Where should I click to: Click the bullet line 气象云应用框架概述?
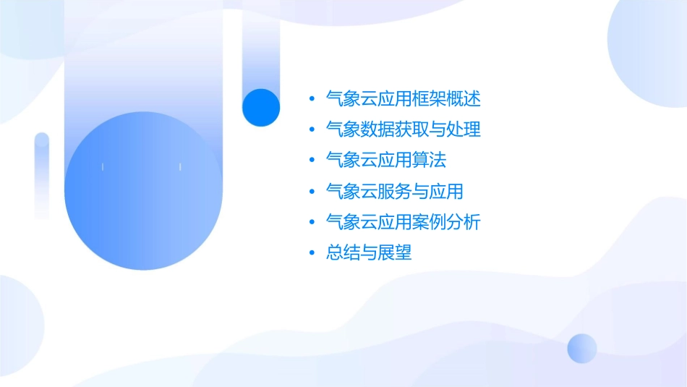click(403, 98)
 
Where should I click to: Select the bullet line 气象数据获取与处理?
click(403, 129)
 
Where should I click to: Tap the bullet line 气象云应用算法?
click(385, 160)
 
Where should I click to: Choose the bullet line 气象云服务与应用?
click(394, 191)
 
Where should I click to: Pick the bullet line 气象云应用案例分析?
click(403, 222)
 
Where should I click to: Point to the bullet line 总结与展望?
click(369, 252)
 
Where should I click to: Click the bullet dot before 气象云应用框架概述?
click(312, 99)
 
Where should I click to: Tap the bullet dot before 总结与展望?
click(312, 253)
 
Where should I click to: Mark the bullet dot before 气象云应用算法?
click(312, 161)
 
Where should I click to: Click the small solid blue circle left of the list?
click(261, 107)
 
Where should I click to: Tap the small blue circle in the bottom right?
click(582, 348)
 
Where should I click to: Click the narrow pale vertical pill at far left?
click(42, 176)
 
